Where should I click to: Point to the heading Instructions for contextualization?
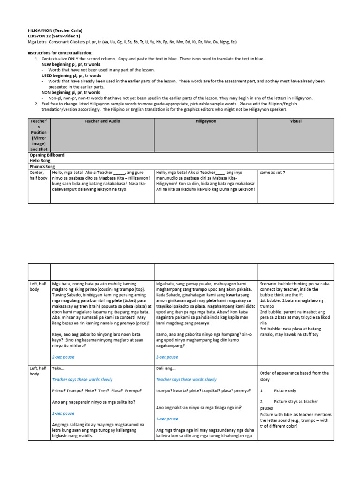pos(60,53)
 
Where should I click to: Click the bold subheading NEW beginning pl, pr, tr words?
pos(71,64)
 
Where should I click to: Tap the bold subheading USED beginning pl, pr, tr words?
pos(71,75)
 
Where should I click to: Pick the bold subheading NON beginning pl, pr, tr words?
pos(70,92)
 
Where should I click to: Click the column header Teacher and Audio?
pos(102,121)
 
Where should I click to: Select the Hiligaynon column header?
pos(206,121)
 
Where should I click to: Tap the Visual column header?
pos(296,121)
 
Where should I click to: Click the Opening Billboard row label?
pos(47,155)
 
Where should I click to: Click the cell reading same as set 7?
pos(272,172)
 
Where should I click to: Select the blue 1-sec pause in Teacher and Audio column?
pos(63,413)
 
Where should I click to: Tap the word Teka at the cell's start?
pos(58,368)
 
